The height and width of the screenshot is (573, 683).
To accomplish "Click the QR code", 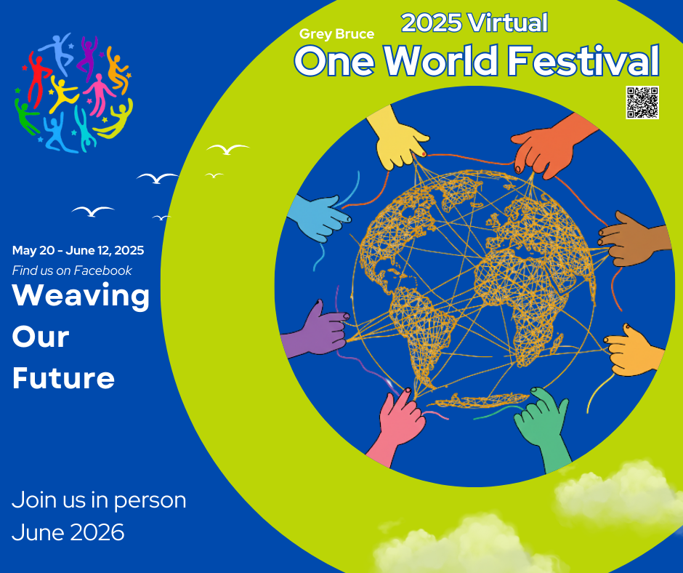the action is [642, 103].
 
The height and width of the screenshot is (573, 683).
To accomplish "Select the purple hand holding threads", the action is [316, 329].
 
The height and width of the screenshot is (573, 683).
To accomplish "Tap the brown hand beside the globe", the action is [634, 240].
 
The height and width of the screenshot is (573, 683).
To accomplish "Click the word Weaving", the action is [81, 297].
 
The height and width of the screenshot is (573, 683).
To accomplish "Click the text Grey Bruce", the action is [336, 34].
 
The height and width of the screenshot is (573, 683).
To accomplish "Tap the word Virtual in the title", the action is [507, 23].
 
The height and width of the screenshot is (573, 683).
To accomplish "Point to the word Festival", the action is [583, 60].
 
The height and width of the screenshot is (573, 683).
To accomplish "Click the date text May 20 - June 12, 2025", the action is [78, 250].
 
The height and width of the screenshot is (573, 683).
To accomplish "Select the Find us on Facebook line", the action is [72, 271].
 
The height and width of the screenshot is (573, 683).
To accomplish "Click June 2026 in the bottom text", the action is [68, 532].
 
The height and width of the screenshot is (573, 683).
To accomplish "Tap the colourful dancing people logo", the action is [73, 93].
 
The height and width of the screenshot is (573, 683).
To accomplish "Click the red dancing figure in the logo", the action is [39, 79].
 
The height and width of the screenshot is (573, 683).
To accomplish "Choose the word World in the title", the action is [441, 60].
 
